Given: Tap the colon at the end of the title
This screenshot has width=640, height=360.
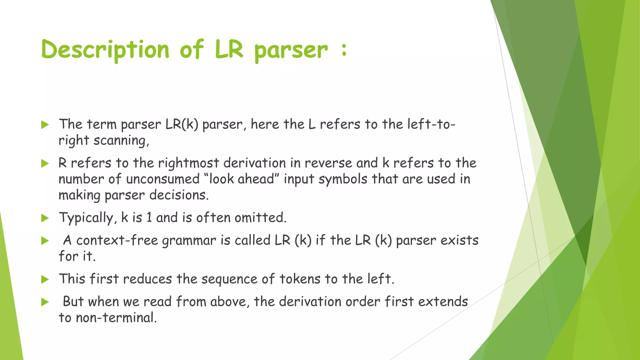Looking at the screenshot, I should [x=344, y=50].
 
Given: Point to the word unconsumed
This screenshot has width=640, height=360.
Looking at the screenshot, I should [x=163, y=179].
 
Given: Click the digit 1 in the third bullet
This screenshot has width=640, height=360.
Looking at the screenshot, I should [x=149, y=217].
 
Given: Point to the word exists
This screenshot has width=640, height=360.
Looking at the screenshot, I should [x=459, y=240].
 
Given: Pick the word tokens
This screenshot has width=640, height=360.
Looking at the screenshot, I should [x=300, y=279].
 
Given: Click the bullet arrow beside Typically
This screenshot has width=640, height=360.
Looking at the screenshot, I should [x=45, y=218].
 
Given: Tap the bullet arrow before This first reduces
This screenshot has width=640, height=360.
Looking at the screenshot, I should [x=45, y=279].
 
